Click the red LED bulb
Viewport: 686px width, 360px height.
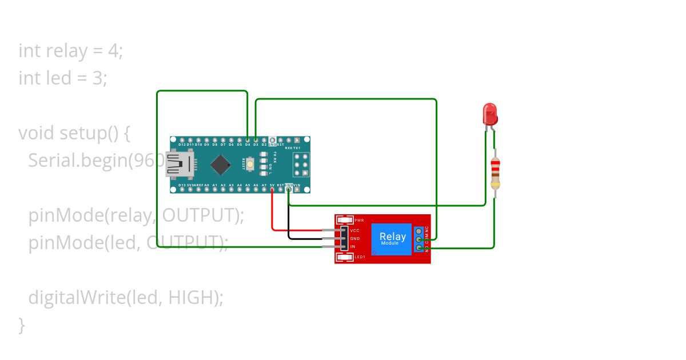(x=490, y=114)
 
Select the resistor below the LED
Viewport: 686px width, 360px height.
(x=495, y=174)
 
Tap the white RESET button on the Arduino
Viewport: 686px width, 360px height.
(x=250, y=165)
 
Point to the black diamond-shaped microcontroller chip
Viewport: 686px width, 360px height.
(x=221, y=165)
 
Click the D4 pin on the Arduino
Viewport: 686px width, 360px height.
(x=248, y=139)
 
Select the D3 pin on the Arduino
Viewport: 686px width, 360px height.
(x=256, y=139)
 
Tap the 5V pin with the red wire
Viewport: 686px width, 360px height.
(x=272, y=189)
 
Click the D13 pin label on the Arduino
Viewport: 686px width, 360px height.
(x=182, y=185)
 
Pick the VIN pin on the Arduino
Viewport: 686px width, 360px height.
(x=297, y=189)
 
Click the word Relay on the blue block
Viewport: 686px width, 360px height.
(x=393, y=236)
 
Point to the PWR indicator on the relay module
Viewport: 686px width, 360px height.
(x=346, y=220)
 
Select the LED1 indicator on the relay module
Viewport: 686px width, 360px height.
(x=346, y=258)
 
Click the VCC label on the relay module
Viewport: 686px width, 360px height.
(x=354, y=230)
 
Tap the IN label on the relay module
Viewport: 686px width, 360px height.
(x=353, y=246)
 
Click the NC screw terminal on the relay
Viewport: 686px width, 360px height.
(x=419, y=231)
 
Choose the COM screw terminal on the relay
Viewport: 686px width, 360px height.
(x=419, y=239)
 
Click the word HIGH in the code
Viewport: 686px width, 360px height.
(x=193, y=298)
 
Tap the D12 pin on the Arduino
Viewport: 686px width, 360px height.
(x=181, y=139)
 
